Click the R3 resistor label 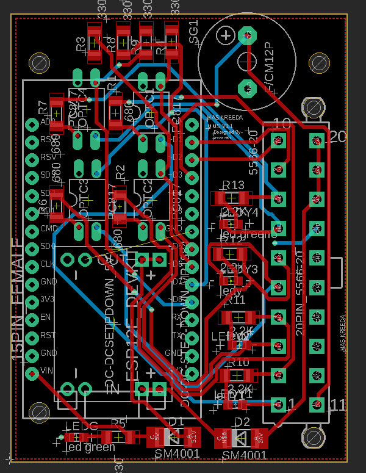point(81,44)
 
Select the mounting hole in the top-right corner point(319,62)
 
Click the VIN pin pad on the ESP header point(32,371)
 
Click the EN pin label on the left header point(45,317)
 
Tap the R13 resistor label point(233,185)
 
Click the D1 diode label point(176,421)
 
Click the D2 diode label point(242,422)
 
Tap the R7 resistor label point(43,107)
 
